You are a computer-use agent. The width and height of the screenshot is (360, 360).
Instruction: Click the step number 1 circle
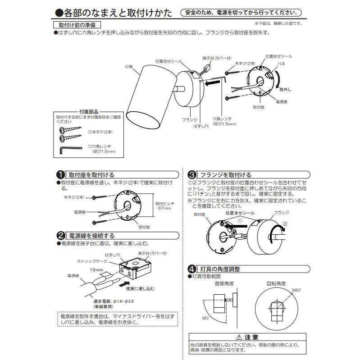59,175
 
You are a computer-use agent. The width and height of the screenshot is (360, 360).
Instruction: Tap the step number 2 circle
59,235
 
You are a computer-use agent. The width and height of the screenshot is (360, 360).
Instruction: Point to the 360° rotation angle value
296,291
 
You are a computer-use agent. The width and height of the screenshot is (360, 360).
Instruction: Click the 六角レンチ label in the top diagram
222,119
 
